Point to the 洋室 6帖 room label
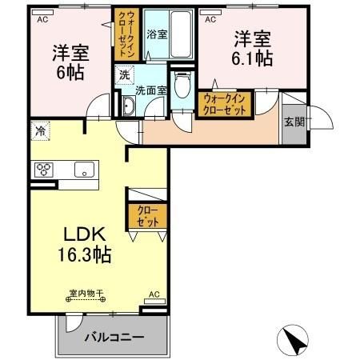click(70, 61)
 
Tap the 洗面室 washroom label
click(150, 90)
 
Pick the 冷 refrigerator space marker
click(41, 128)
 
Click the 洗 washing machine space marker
click(125, 74)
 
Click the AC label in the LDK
click(154, 294)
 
